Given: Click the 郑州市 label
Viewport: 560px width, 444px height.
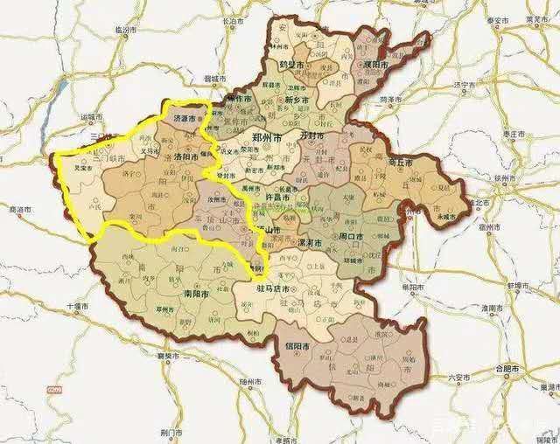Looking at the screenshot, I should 266,139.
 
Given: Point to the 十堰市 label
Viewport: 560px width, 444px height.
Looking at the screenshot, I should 78,308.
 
